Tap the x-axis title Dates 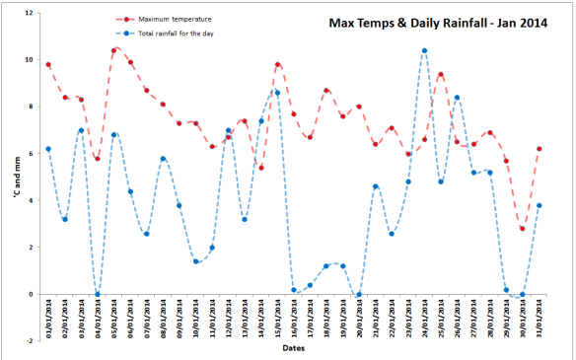tap(292, 348)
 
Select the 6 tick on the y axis tap(30, 153)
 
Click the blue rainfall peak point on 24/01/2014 tap(424, 50)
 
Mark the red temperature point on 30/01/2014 tap(522, 229)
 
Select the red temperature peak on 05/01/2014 tap(113, 50)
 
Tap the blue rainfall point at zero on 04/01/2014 tap(97, 294)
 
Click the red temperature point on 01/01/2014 tap(48, 65)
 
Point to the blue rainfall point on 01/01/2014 tap(48, 149)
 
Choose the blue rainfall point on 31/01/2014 tap(539, 205)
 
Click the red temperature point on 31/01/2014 tap(539, 149)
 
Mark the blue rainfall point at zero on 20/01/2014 tap(359, 294)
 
